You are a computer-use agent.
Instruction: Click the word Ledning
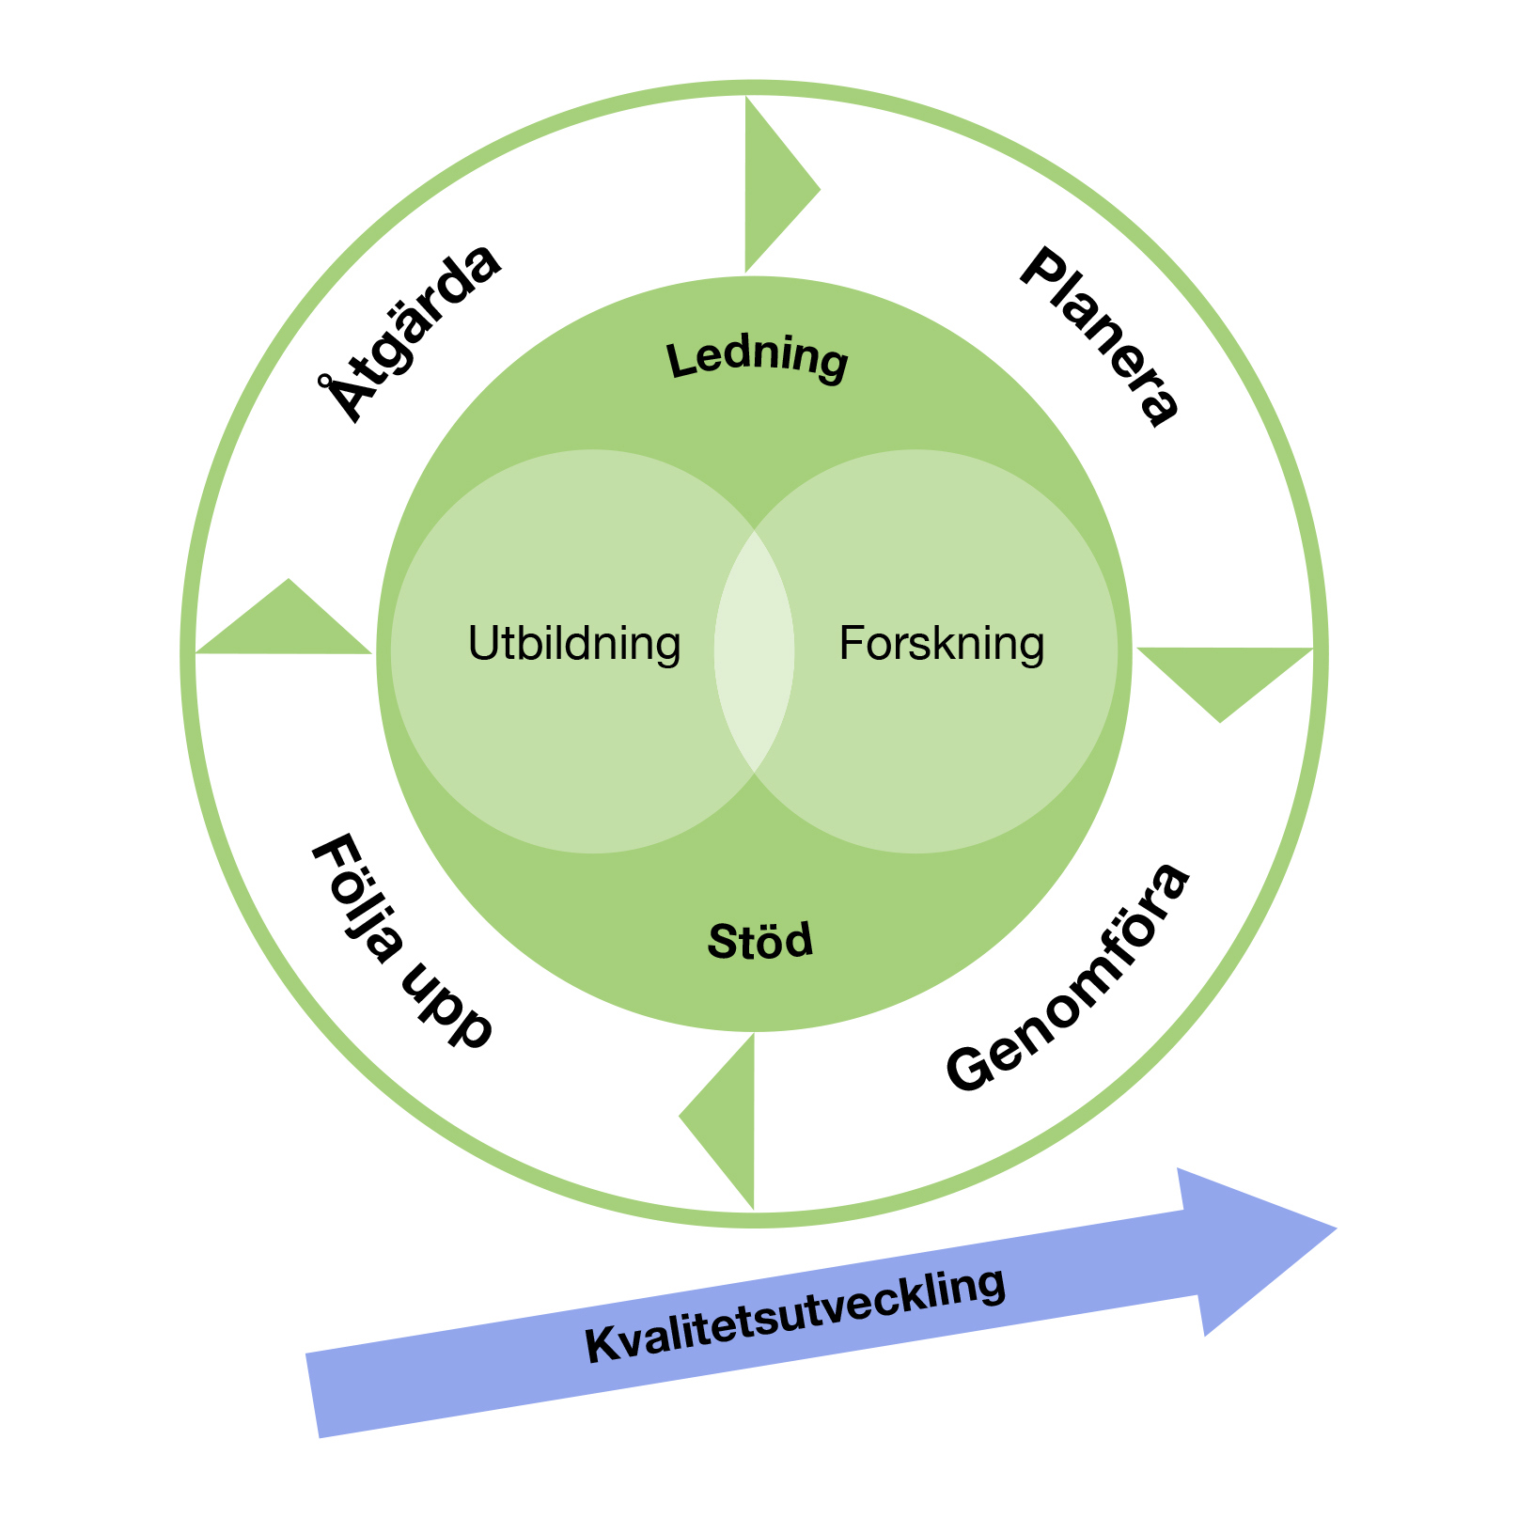point(758,359)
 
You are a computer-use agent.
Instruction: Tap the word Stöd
point(760,941)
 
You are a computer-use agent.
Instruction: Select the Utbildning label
point(574,644)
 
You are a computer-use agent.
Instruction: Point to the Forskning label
point(941,644)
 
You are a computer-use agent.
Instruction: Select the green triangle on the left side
point(288,626)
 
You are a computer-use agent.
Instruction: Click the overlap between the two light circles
point(755,651)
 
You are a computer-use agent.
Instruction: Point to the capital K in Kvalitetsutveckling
point(603,1344)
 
